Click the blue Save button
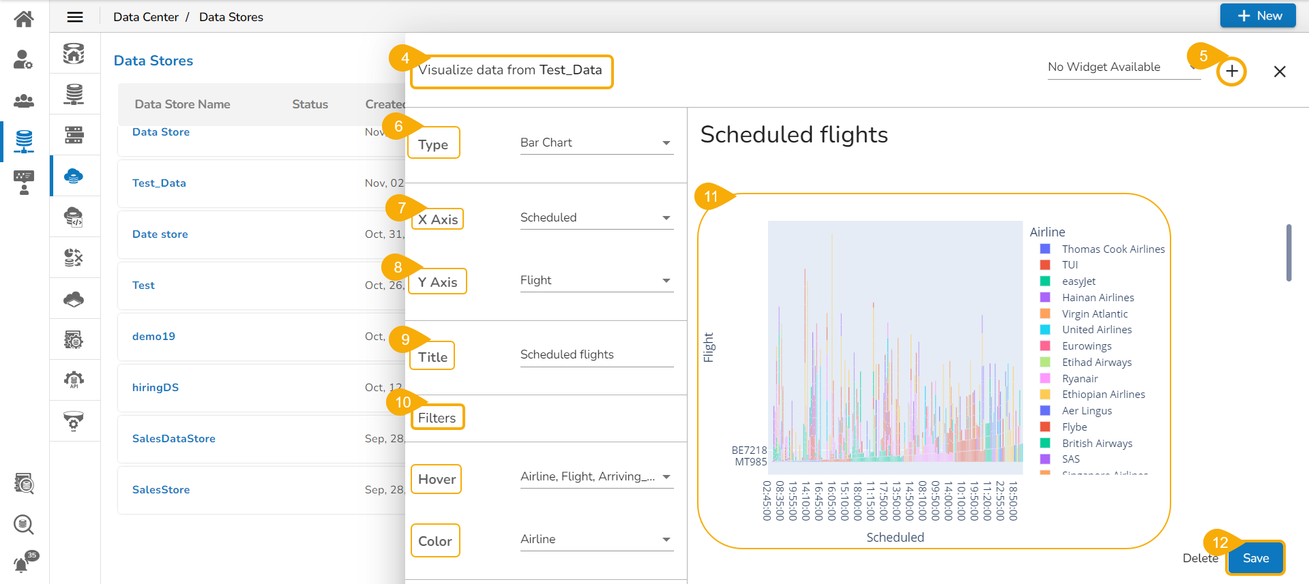click(x=1255, y=558)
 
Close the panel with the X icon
click(x=1280, y=72)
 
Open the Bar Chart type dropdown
click(x=596, y=143)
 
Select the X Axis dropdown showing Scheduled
click(x=596, y=218)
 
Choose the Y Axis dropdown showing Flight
click(x=596, y=281)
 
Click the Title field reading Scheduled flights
click(x=596, y=355)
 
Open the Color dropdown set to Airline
click(x=596, y=540)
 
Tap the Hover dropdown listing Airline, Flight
click(x=596, y=477)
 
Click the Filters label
click(x=437, y=418)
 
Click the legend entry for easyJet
click(x=1078, y=281)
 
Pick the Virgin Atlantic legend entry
click(x=1094, y=314)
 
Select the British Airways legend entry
click(x=1097, y=444)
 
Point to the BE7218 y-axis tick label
click(x=749, y=450)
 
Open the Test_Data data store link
click(x=159, y=183)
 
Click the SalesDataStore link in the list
click(x=174, y=439)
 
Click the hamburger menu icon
click(x=75, y=17)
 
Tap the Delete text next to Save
click(x=1200, y=558)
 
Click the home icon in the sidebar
click(x=24, y=19)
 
